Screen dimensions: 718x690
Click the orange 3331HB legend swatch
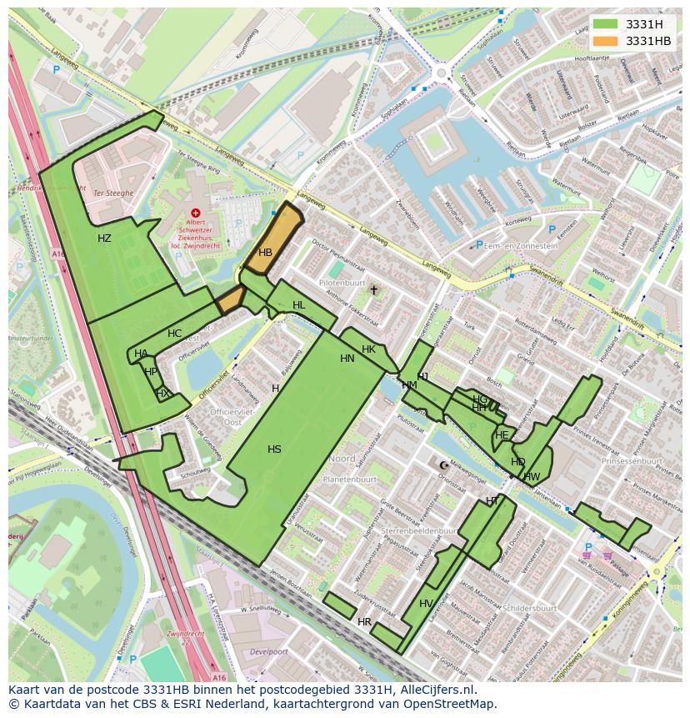pos(607,41)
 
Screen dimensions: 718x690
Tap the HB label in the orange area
pos(265,253)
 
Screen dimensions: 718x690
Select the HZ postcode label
pos(104,238)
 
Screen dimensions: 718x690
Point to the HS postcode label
pos(274,449)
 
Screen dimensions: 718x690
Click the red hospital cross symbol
pos(196,213)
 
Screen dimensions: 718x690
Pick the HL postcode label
pos(299,306)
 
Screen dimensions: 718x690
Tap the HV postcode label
pos(426,604)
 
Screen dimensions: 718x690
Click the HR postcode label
pos(364,622)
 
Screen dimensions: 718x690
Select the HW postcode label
pos(532,477)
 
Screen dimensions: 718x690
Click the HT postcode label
pos(492,500)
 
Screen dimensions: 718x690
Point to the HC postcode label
pos(174,334)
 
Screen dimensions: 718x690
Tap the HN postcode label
pos(347,359)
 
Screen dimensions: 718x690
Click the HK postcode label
pos(368,349)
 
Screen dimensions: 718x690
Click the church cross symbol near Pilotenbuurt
pos(374,290)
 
